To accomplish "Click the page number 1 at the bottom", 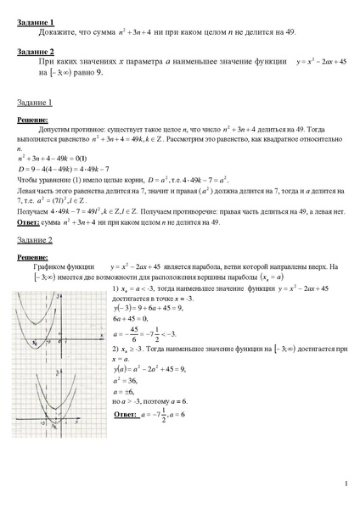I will pos(346,484).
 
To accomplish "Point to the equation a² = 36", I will pos(127,380).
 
